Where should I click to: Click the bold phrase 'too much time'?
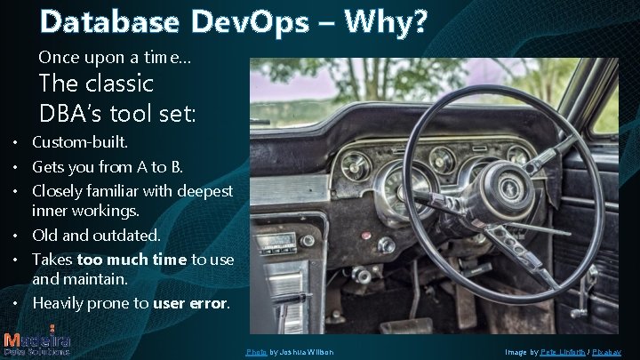[132, 260]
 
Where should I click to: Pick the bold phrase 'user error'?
[190, 303]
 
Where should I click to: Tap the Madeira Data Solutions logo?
[37, 341]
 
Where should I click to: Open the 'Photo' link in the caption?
[257, 353]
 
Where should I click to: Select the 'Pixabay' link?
[612, 353]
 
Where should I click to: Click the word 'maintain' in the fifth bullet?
[93, 279]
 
